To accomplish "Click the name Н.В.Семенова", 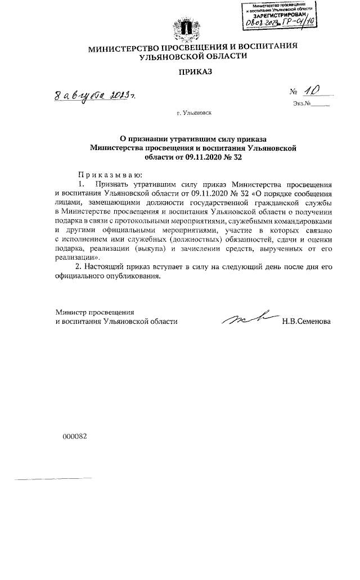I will (x=307, y=321).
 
